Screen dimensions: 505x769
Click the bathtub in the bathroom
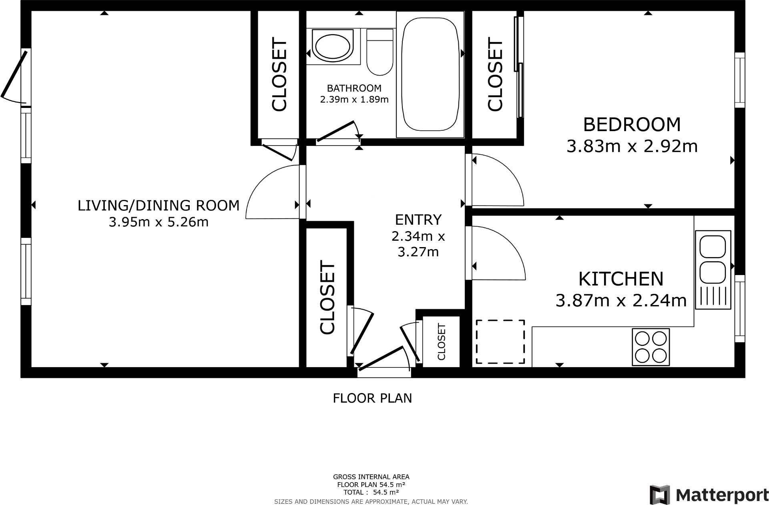pyautogui.click(x=430, y=75)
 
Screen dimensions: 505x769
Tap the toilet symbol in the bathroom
pyautogui.click(x=379, y=52)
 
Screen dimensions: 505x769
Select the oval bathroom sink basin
pyautogui.click(x=332, y=46)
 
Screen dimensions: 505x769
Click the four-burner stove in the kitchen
pyautogui.click(x=651, y=347)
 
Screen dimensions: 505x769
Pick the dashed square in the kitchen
pyautogui.click(x=500, y=342)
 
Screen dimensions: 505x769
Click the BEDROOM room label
pyautogui.click(x=632, y=124)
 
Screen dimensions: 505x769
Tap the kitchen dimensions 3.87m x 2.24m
pyautogui.click(x=621, y=300)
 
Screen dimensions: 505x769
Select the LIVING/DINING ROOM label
pyautogui.click(x=159, y=206)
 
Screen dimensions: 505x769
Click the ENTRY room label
pyautogui.click(x=418, y=220)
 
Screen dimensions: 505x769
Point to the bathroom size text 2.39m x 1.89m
pyautogui.click(x=354, y=99)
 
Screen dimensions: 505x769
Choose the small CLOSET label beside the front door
pyautogui.click(x=441, y=342)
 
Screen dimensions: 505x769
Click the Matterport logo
pyautogui.click(x=709, y=495)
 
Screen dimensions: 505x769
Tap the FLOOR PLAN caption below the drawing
pyautogui.click(x=372, y=398)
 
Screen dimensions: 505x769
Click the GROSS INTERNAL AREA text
pyautogui.click(x=371, y=477)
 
